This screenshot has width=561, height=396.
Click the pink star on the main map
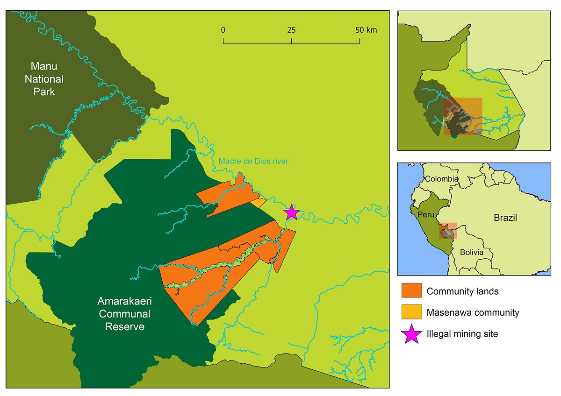coord(292,212)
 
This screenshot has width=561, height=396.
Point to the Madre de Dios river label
coord(253,161)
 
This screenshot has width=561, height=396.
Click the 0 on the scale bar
coord(223,30)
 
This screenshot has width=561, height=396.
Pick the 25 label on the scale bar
coord(291,30)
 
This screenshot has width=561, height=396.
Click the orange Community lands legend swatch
coord(411,291)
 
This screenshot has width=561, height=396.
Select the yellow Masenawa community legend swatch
coord(411,312)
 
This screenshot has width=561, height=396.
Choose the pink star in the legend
coord(411,334)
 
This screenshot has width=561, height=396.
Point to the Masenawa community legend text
coord(473,312)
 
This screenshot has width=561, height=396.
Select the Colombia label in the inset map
coord(442,179)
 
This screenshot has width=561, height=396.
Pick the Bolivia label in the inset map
coord(471,252)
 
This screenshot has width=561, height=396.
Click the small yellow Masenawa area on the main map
coord(259,203)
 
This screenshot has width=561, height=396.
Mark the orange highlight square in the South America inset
coord(448,231)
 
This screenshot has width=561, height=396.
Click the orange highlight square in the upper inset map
coord(463,117)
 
